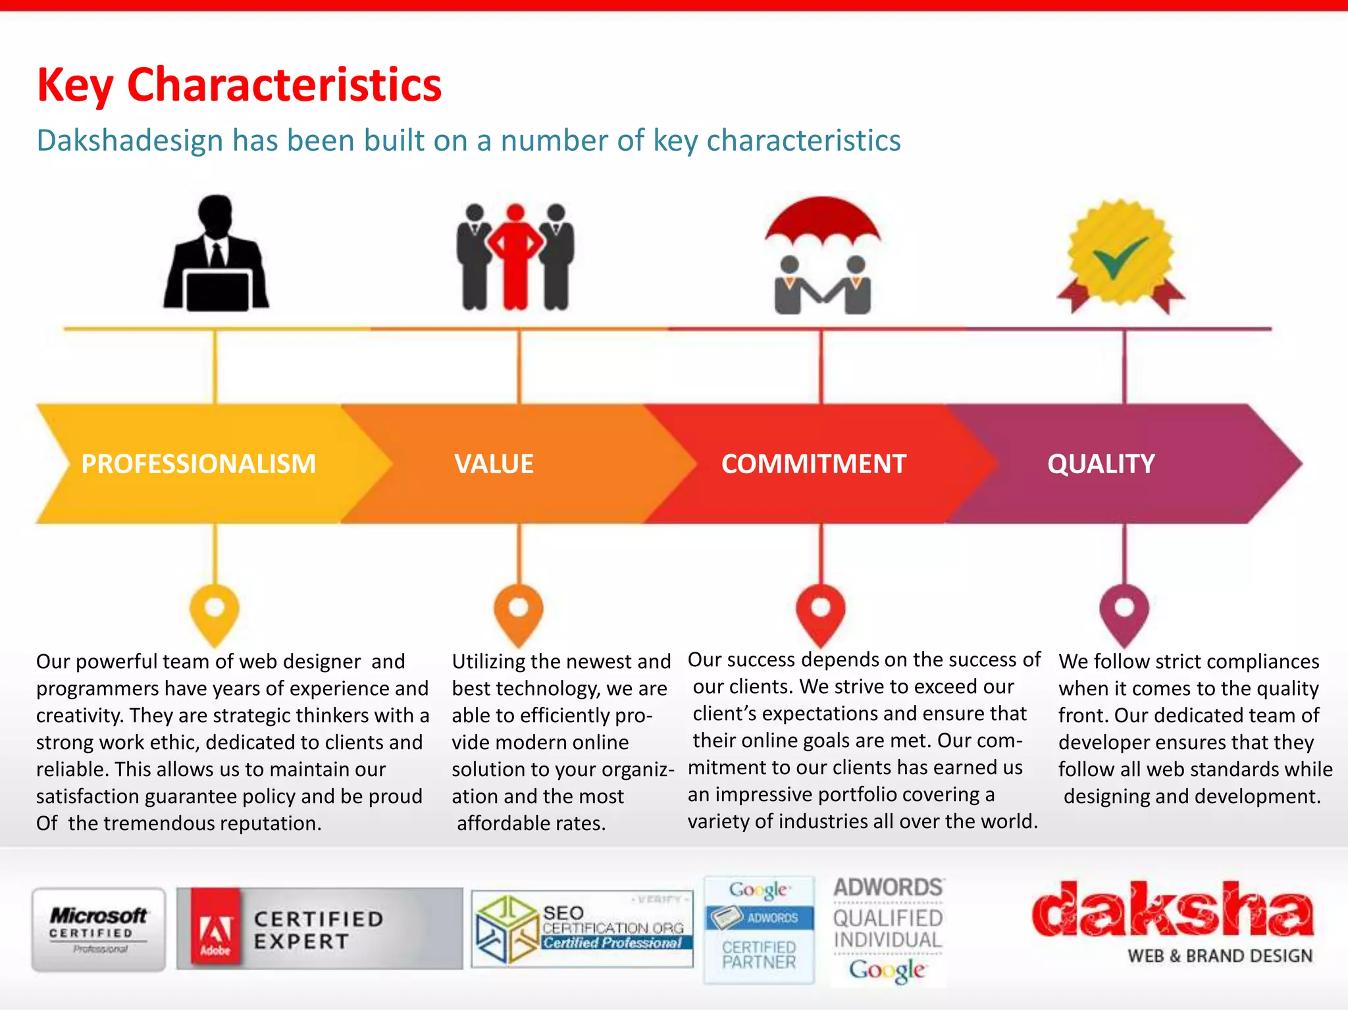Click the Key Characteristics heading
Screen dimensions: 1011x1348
coord(239,85)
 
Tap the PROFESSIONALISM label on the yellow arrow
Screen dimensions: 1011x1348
coord(198,464)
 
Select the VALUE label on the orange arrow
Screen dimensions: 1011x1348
coord(494,464)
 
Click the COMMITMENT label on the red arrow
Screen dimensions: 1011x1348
coord(814,464)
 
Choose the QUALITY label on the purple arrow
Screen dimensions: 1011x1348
coord(1101,464)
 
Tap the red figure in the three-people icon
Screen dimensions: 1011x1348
coord(516,257)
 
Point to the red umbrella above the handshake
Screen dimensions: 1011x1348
coord(822,220)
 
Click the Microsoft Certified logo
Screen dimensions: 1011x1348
coord(99,929)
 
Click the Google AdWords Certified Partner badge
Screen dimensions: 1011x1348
coord(759,929)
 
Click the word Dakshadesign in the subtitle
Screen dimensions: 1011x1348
coord(130,141)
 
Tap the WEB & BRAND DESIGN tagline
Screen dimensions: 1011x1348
coord(1220,956)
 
